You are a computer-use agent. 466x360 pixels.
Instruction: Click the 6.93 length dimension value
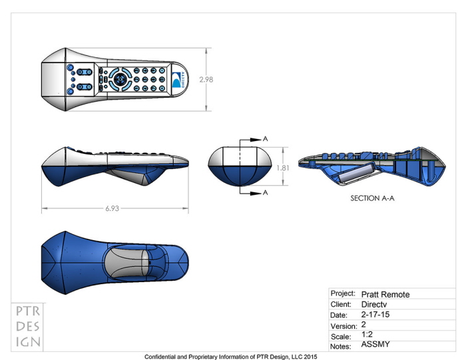tap(113, 208)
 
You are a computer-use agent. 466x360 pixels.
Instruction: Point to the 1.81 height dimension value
tap(282, 168)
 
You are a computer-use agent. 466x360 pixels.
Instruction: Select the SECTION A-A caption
tap(372, 198)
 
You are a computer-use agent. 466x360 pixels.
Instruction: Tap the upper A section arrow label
tap(265, 138)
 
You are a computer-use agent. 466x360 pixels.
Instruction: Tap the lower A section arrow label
tap(265, 192)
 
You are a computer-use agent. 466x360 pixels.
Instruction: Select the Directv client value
tap(374, 304)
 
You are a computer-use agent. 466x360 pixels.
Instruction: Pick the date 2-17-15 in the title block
tap(376, 315)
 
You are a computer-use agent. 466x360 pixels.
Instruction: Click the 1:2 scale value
tap(367, 335)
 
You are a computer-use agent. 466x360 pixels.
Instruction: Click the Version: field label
tap(344, 326)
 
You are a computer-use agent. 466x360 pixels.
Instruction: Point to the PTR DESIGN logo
tap(28, 327)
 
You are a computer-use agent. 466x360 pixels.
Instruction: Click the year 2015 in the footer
tap(309, 357)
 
